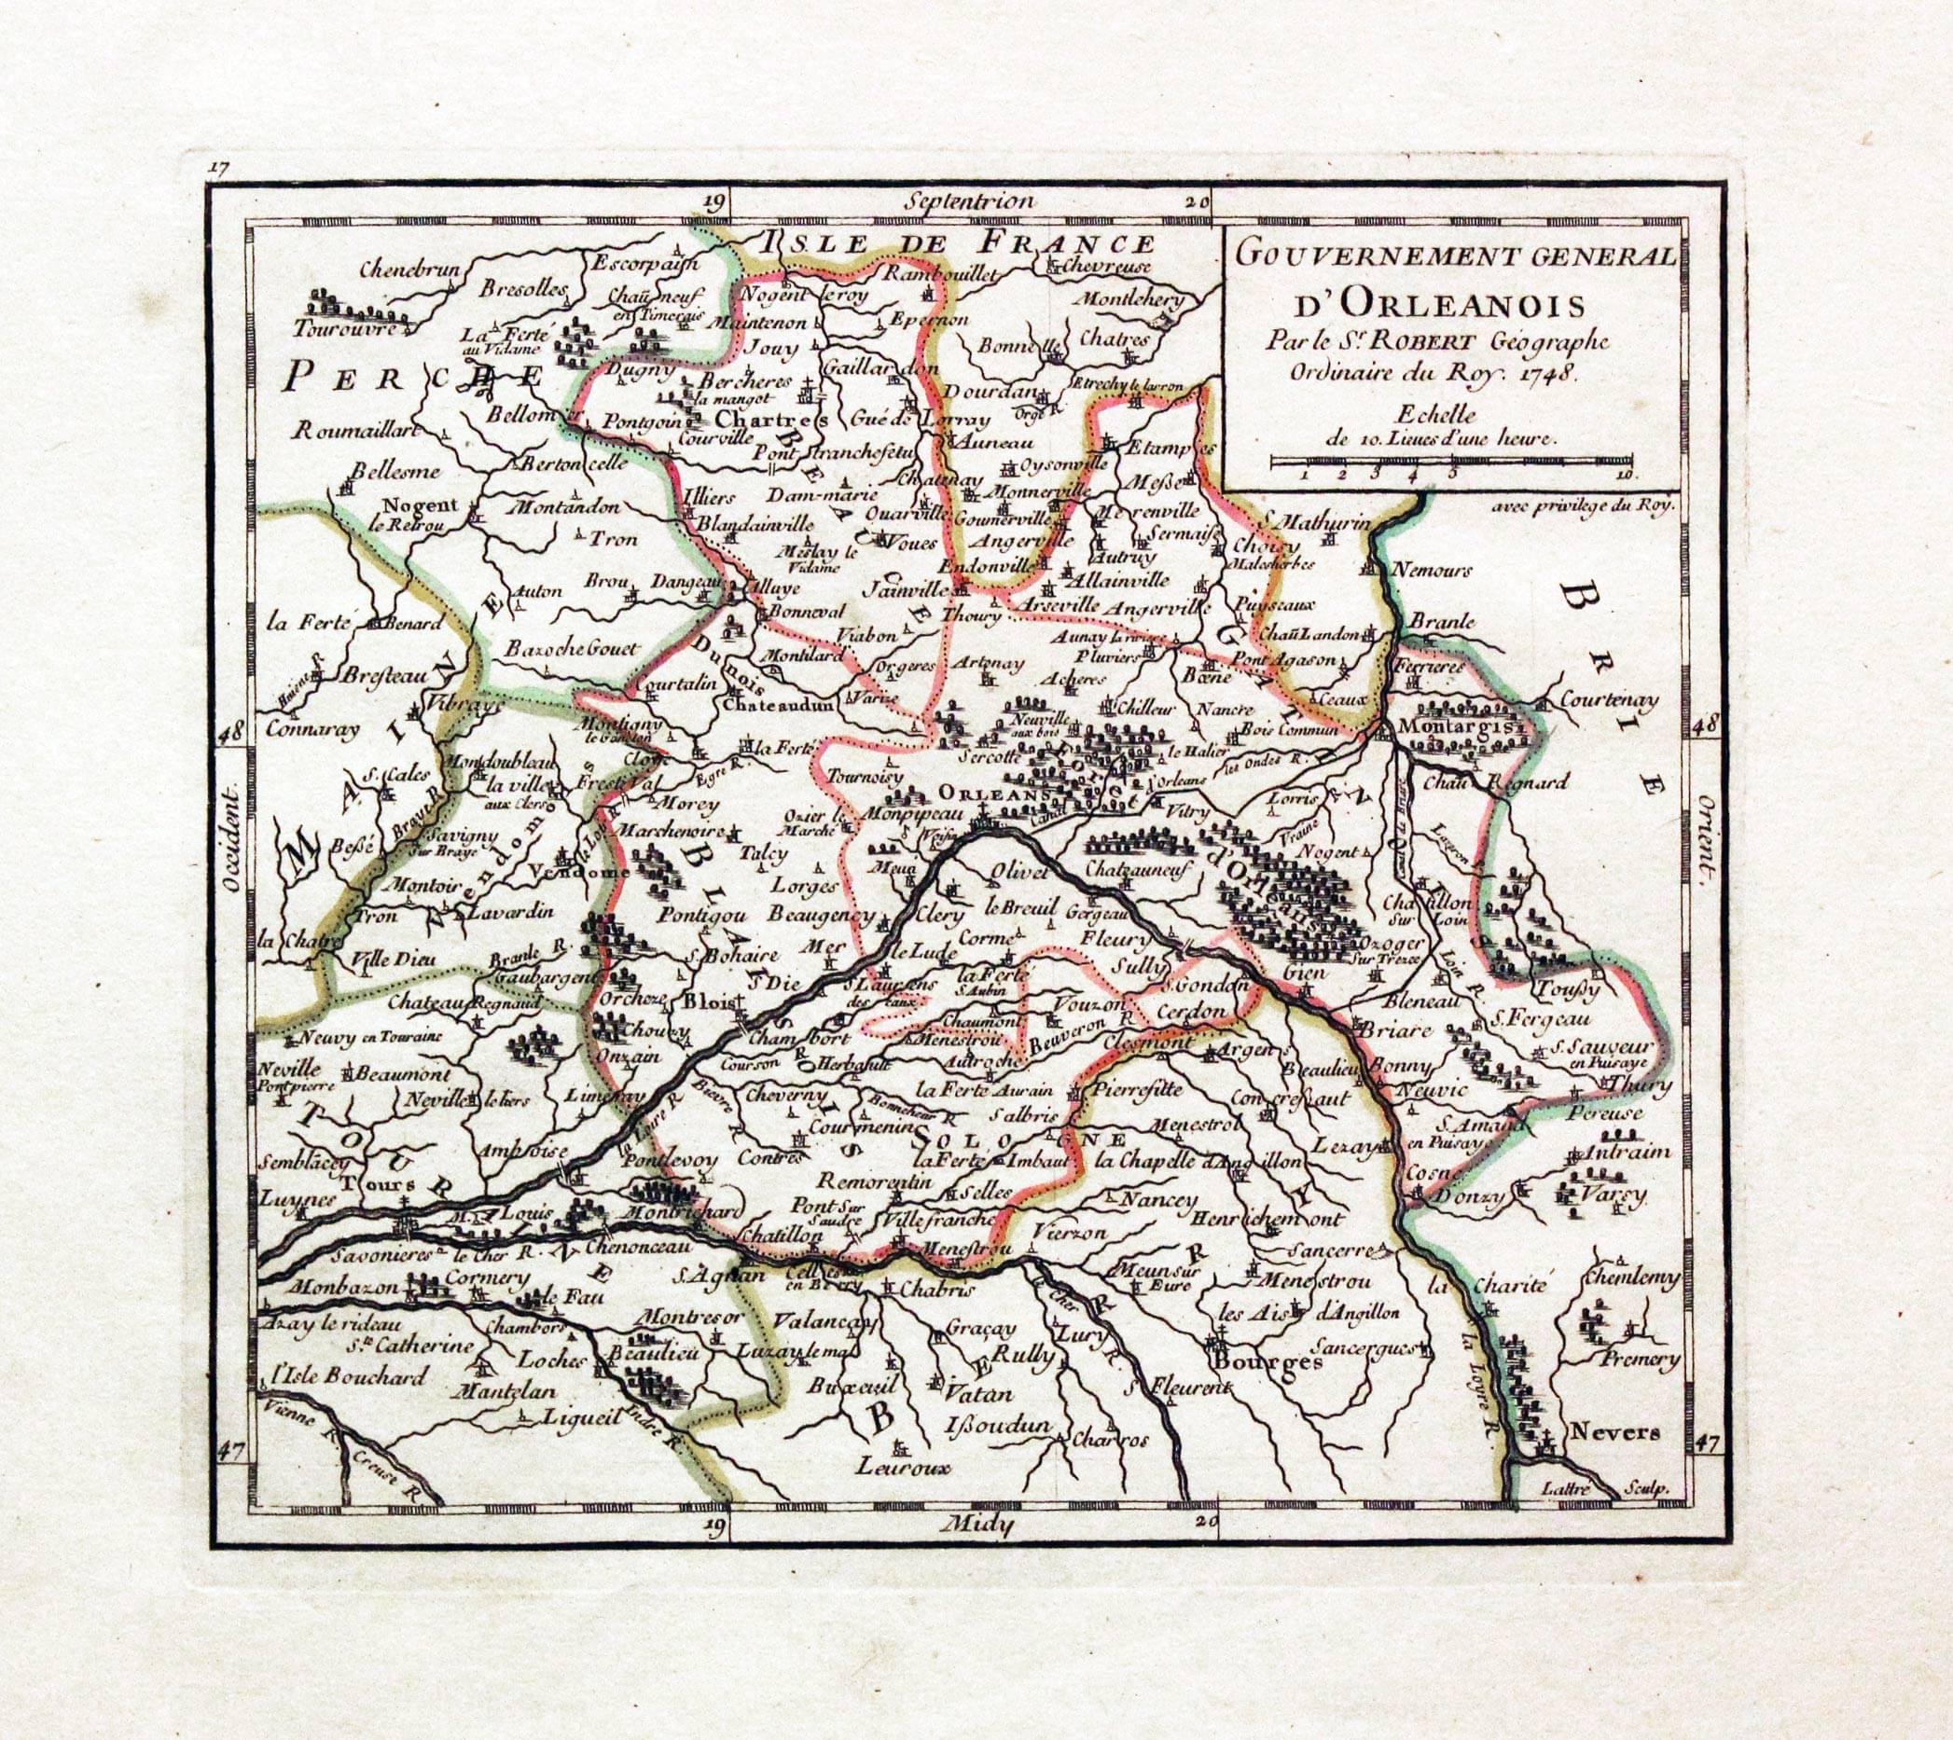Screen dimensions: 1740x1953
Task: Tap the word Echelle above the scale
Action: pos(1434,415)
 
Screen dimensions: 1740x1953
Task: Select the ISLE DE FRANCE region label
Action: pos(951,242)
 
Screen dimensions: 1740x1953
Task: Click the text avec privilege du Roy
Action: pos(1583,506)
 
